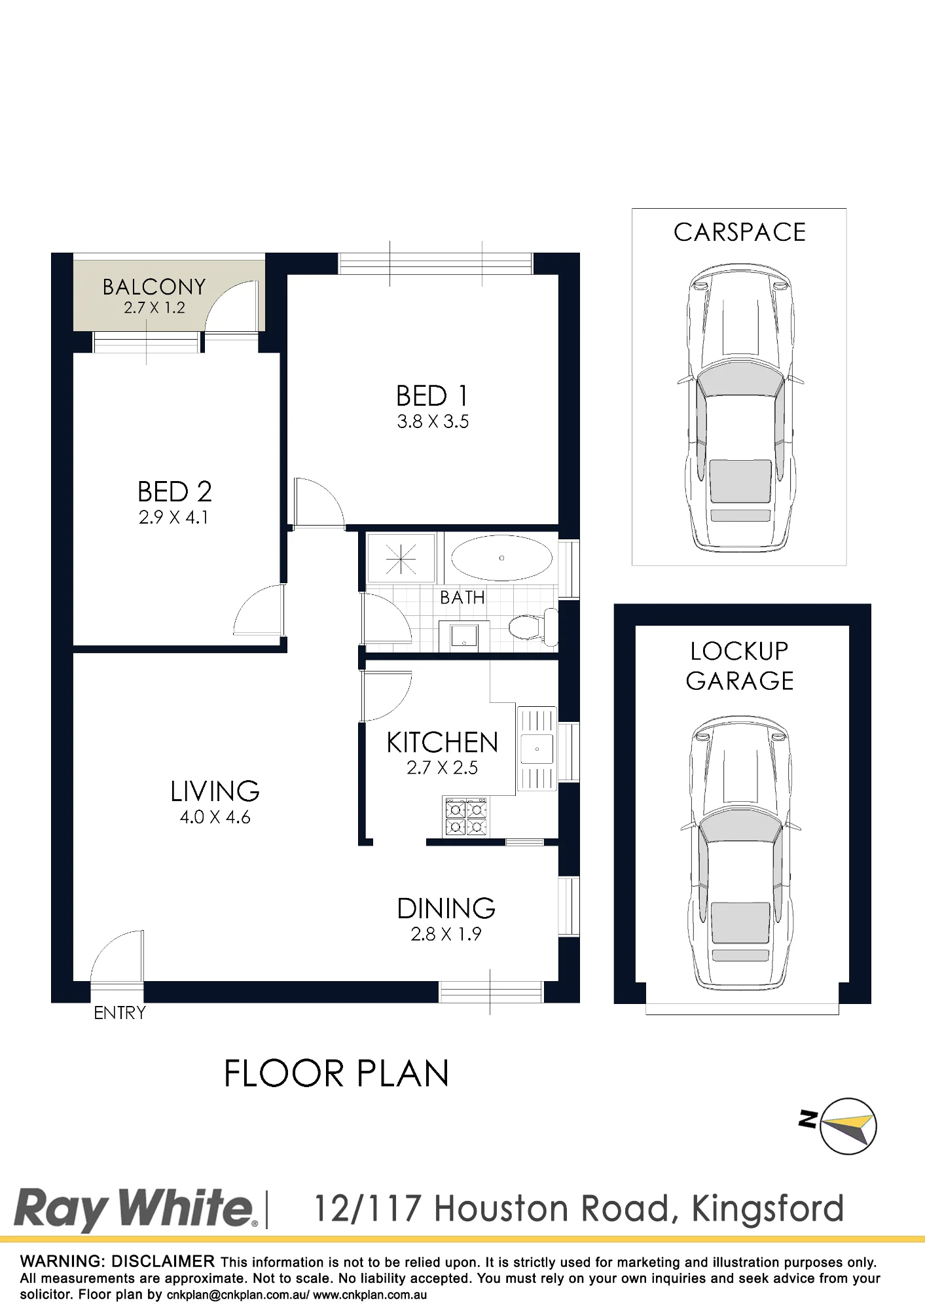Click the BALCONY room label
(x=154, y=287)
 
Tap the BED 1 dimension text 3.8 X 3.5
(x=433, y=421)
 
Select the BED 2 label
(x=174, y=492)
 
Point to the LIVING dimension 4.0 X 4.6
(x=215, y=817)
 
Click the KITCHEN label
(x=443, y=743)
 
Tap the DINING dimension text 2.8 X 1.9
(x=446, y=934)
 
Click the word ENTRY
(x=120, y=1013)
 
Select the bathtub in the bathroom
(x=501, y=558)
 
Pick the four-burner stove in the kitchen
(x=466, y=817)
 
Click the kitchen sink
(x=537, y=749)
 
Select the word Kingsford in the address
(x=767, y=1208)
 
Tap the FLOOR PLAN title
(x=336, y=1074)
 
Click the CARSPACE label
(x=740, y=232)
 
